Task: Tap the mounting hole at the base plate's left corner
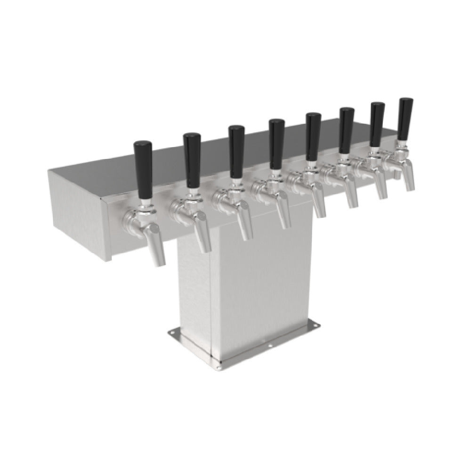pos(173,333)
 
